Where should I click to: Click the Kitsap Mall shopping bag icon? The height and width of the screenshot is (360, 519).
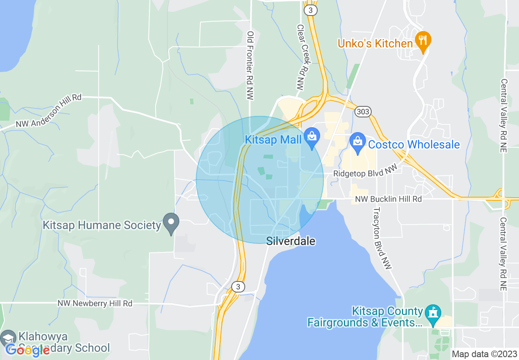point(312,138)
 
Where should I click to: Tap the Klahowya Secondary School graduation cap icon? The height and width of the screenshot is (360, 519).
point(8,338)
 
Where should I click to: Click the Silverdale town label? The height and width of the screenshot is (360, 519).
point(291,241)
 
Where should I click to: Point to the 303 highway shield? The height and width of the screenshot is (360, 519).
point(363,112)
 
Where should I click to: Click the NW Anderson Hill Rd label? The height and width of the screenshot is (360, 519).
point(49,110)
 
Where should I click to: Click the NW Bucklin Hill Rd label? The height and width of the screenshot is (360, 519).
point(388,199)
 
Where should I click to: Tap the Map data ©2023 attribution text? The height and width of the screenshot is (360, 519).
point(484,354)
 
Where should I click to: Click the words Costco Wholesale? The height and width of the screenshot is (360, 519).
point(414,144)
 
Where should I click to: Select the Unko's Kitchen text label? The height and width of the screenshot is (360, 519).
point(375,43)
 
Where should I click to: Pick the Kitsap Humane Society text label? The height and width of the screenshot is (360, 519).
point(102,225)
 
